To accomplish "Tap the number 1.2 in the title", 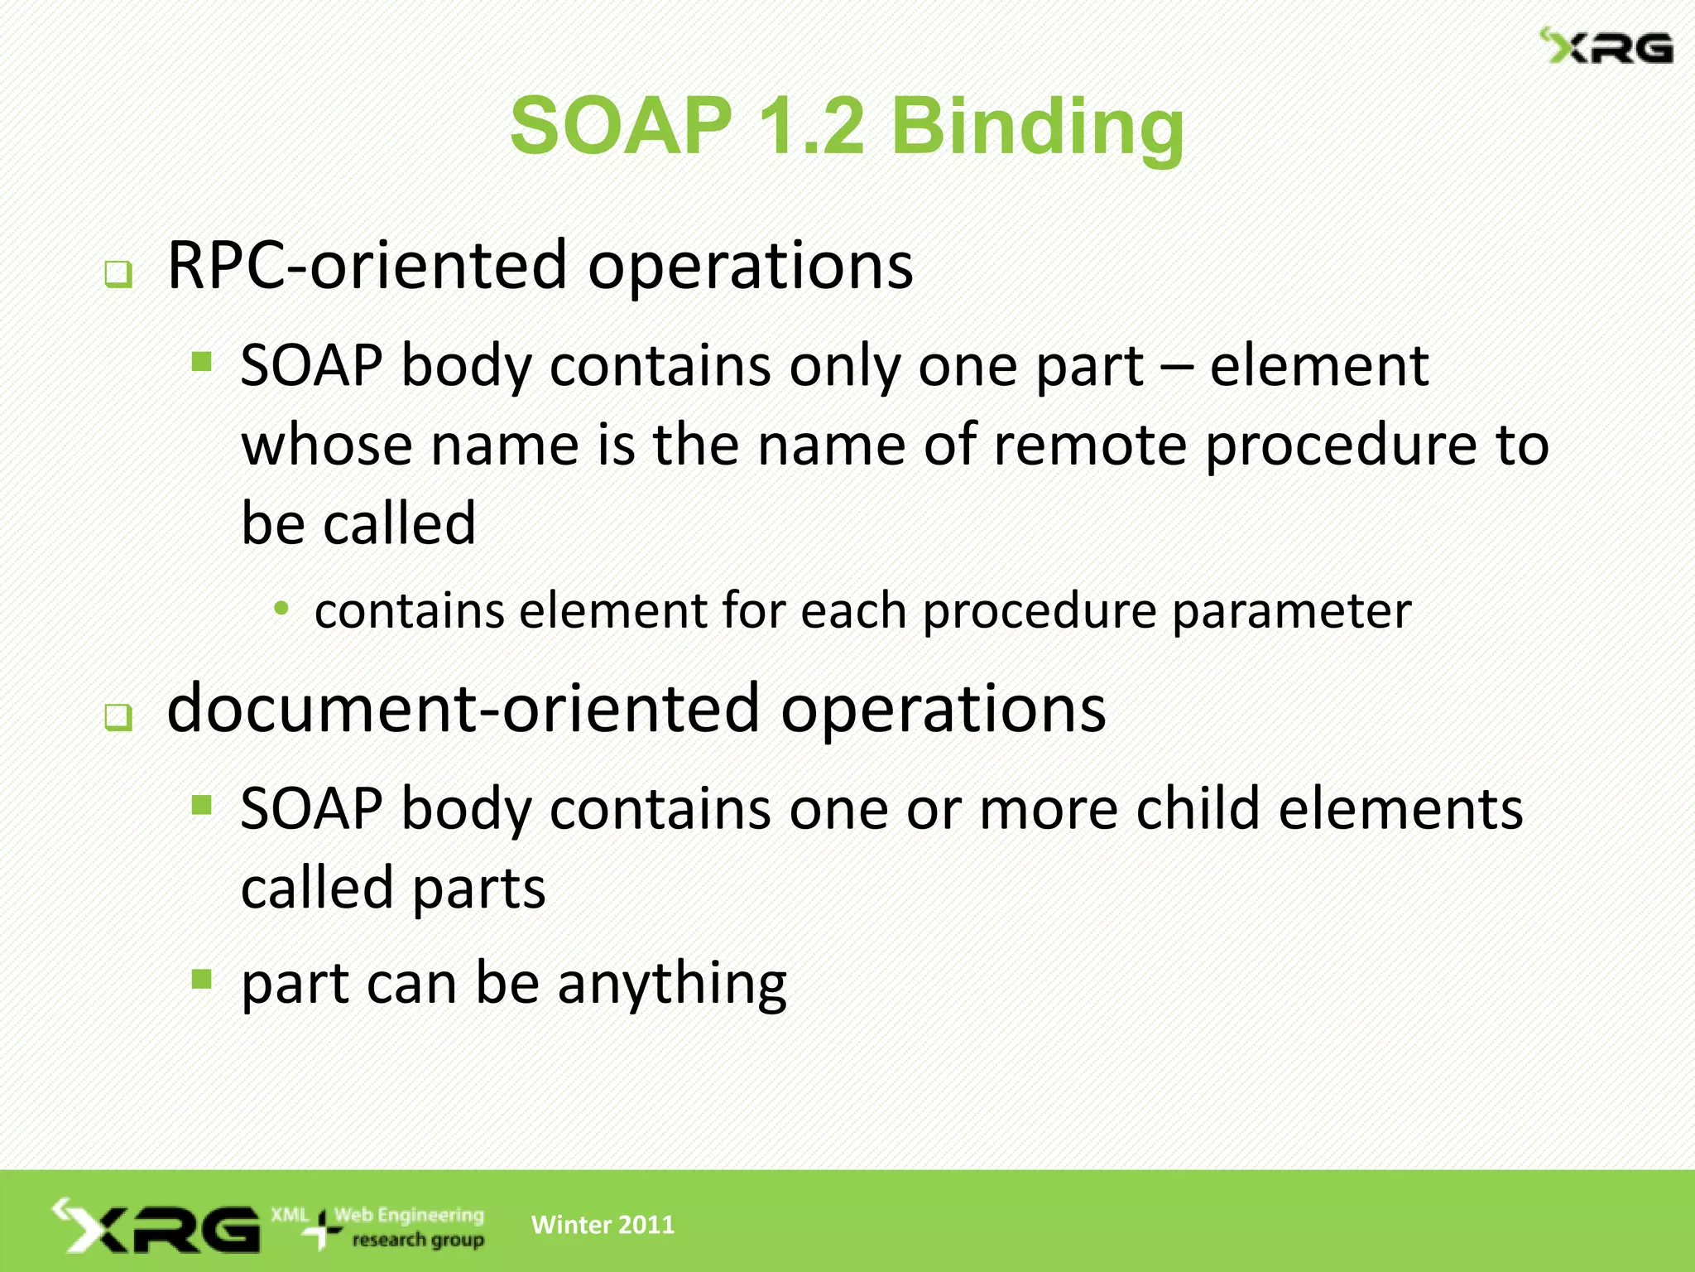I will tap(809, 126).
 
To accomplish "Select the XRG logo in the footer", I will tap(157, 1226).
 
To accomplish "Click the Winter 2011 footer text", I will tap(603, 1225).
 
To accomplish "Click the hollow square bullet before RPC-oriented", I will tap(118, 274).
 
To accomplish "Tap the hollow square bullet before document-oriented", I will tap(118, 717).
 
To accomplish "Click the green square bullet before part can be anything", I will tap(202, 980).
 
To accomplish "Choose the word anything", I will tap(671, 985).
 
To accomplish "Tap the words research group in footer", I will tap(418, 1240).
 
